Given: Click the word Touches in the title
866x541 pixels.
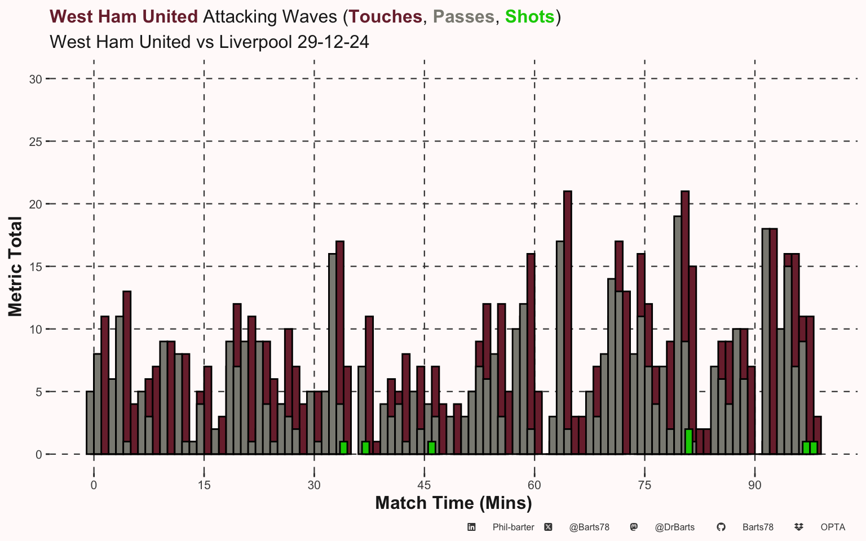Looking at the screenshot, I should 386,17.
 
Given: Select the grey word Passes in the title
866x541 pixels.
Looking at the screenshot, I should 463,17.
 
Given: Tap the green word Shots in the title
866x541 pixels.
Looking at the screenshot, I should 529,17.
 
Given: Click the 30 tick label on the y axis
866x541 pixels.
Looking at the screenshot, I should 36,79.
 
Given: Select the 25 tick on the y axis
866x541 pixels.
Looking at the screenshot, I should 36,142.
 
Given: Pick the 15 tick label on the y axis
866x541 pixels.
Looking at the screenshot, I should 36,267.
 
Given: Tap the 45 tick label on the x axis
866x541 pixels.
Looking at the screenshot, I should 424,485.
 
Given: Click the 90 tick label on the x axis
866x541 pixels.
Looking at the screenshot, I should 754,485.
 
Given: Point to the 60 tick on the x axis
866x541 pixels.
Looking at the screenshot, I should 534,485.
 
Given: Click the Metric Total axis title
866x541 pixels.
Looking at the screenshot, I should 15,267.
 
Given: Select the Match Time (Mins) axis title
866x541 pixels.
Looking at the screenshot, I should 453,503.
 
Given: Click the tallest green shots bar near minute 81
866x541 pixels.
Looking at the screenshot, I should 688,442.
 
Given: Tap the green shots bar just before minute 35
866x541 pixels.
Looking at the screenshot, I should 343,448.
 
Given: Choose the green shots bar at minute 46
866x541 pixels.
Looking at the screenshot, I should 432,448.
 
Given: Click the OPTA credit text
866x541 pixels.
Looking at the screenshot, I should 833,527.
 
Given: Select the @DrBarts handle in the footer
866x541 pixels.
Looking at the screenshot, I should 674,527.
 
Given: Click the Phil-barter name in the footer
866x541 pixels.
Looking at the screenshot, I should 513,527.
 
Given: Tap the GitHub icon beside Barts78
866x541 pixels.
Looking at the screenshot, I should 721,527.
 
